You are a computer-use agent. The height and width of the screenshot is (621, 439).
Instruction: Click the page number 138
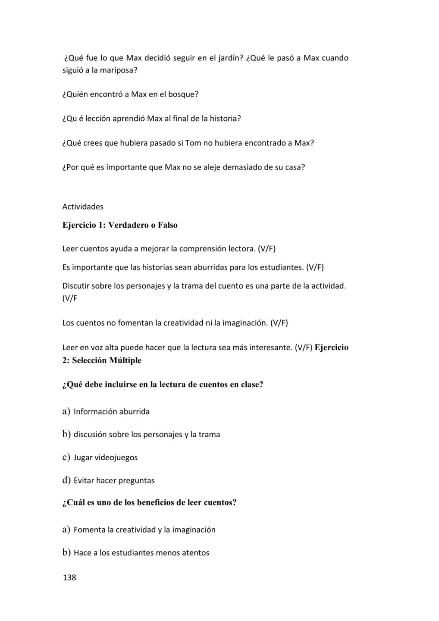pyautogui.click(x=69, y=577)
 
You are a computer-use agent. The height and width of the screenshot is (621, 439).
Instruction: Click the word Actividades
pyautogui.click(x=83, y=207)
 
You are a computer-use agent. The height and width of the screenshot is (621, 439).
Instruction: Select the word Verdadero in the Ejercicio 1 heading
pyautogui.click(x=131, y=225)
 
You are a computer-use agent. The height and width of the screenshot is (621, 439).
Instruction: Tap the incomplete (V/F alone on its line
pyautogui.click(x=70, y=298)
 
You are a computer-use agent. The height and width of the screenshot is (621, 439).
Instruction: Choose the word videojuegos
pyautogui.click(x=116, y=458)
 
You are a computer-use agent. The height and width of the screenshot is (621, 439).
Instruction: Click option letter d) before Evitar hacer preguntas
pyautogui.click(x=66, y=480)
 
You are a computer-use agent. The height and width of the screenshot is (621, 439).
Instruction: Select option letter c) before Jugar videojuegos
pyautogui.click(x=66, y=457)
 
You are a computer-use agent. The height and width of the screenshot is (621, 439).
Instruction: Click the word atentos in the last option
pyautogui.click(x=194, y=553)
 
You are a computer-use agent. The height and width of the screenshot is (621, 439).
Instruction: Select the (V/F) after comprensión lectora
pyautogui.click(x=267, y=249)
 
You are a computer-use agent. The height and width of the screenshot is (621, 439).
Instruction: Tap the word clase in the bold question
pyautogui.click(x=251, y=385)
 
